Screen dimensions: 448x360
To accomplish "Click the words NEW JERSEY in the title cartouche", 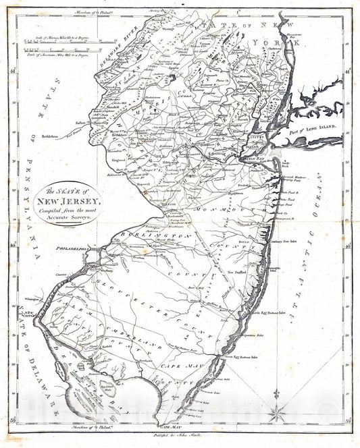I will tap(70, 201).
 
